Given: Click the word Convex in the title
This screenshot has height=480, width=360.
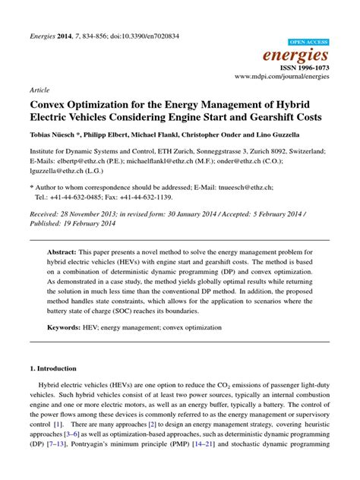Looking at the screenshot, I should click(53, 105).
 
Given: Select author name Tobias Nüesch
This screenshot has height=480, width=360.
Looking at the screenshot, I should click(52, 136).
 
